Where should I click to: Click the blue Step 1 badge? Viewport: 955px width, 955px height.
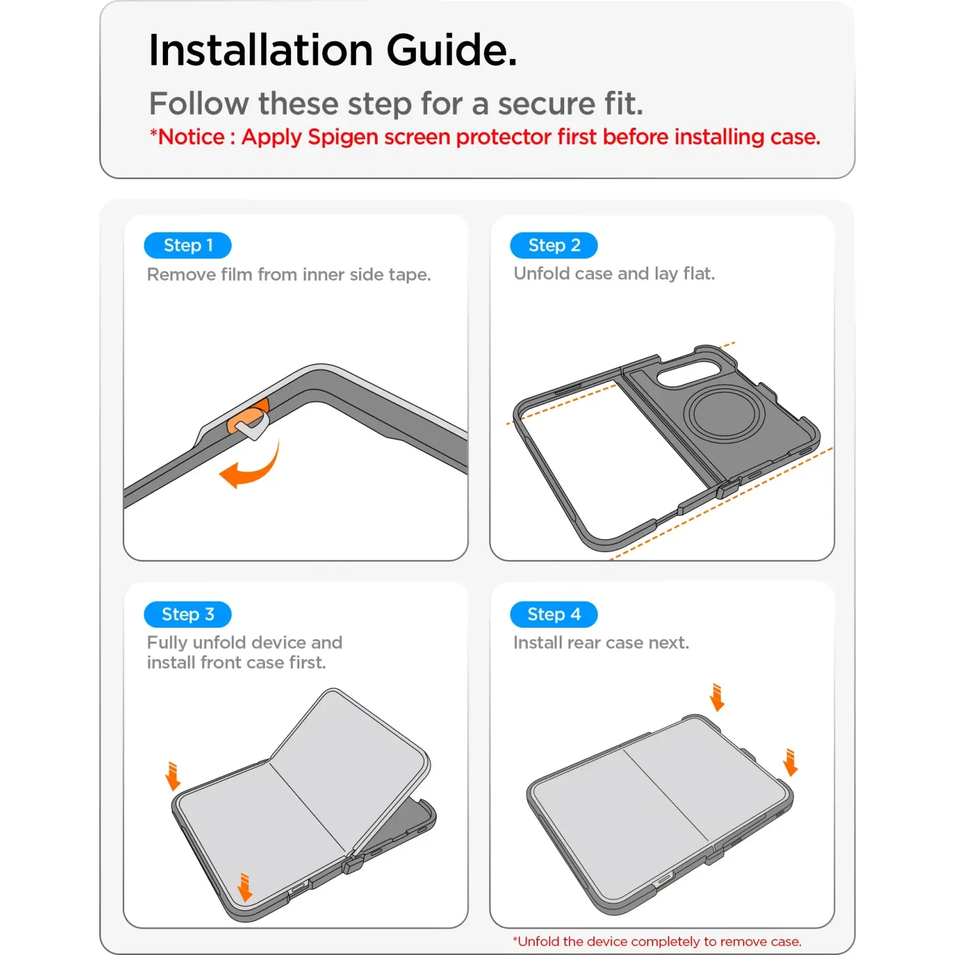tap(188, 245)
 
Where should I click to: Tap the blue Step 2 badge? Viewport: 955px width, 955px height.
tap(554, 245)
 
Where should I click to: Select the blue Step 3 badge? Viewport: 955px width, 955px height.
tap(188, 614)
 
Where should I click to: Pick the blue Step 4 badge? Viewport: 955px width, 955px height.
tap(554, 614)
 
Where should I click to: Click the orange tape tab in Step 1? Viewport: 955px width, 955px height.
tap(248, 417)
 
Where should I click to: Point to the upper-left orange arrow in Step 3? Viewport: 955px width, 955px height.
tap(173, 776)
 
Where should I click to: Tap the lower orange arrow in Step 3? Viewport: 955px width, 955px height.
tap(244, 888)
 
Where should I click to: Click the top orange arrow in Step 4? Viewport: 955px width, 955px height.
tap(718, 697)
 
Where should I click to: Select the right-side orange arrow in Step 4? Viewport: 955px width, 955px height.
tap(791, 763)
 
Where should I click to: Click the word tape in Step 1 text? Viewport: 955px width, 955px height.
tap(409, 275)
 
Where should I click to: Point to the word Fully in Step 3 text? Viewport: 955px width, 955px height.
tap(167, 642)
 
